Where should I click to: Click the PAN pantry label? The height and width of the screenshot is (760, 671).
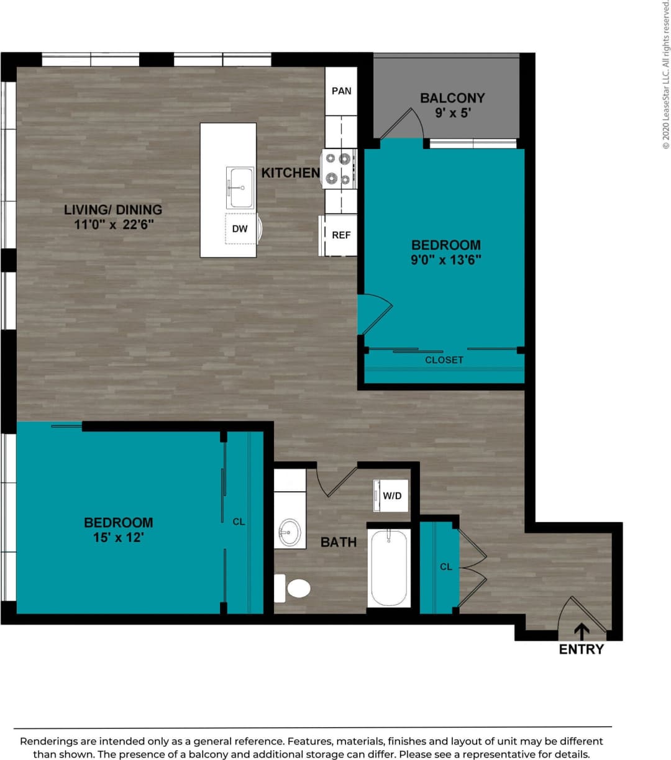[x=341, y=91]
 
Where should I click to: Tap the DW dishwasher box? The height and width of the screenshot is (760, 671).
[x=240, y=228]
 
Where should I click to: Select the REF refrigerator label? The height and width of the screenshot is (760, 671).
[x=341, y=235]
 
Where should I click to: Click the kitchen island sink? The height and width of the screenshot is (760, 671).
[x=240, y=187]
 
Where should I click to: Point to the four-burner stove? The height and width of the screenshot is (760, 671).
[x=339, y=168]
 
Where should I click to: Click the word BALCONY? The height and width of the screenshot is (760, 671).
[x=452, y=98]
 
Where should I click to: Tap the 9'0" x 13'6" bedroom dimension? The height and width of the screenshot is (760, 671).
[x=446, y=260]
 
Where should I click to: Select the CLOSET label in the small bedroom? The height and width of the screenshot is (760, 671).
[x=444, y=360]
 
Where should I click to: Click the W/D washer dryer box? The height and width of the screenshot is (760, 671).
[x=391, y=495]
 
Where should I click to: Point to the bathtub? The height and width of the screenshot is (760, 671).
[x=389, y=567]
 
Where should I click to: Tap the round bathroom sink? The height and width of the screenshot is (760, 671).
[x=290, y=532]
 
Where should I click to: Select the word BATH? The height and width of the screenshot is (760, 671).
[x=339, y=542]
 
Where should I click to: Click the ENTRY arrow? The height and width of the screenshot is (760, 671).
[x=582, y=631]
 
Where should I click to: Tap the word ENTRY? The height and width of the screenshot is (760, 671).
[x=582, y=649]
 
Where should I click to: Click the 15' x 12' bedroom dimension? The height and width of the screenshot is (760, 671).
[x=119, y=538]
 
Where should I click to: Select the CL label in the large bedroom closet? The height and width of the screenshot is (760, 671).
[x=239, y=522]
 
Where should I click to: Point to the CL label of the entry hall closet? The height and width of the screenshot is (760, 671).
[x=445, y=566]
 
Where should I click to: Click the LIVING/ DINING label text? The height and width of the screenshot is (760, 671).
[x=113, y=210]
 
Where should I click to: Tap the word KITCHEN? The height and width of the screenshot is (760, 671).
[x=290, y=173]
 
